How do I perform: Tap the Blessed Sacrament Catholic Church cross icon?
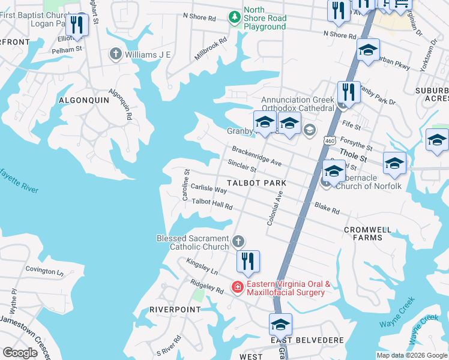pos(238,242)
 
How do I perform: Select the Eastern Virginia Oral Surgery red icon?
pos(237,288)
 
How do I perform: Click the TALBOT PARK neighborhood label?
pos(255,182)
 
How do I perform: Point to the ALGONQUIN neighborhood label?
pos(84,100)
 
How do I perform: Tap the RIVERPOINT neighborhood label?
pos(175,309)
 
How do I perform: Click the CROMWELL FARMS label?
pos(367,233)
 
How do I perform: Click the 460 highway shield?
pos(328,140)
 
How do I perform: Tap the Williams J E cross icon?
pos(115,55)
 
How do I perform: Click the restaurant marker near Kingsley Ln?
pos(247,262)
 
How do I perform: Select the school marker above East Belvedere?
pos(280,325)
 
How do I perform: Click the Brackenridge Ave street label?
pos(256,155)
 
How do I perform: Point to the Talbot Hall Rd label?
pos(212,205)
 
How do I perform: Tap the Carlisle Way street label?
pos(208,189)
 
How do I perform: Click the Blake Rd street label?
pos(327,208)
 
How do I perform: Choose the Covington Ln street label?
pos(44,271)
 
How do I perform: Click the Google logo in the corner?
pos(20,353)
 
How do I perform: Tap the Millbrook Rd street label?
pos(211,49)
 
